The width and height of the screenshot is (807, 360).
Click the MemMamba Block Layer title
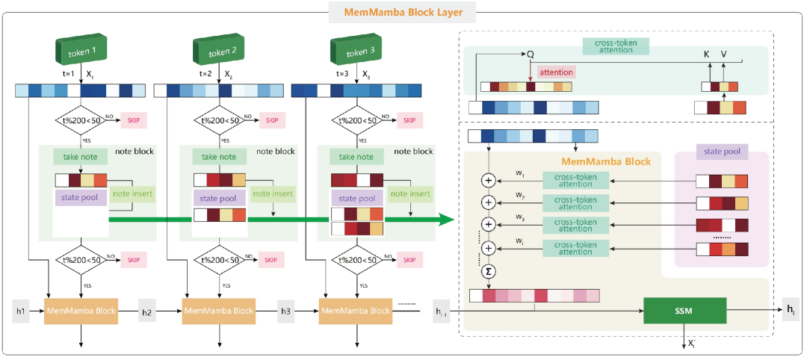pyautogui.click(x=403, y=12)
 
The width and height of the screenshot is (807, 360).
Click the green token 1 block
pyautogui.click(x=84, y=52)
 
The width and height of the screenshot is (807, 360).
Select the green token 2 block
pyautogui.click(x=223, y=52)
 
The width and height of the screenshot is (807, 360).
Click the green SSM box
pyautogui.click(x=684, y=311)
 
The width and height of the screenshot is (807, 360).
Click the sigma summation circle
pyautogui.click(x=489, y=271)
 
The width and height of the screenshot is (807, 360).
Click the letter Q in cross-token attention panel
pyautogui.click(x=531, y=55)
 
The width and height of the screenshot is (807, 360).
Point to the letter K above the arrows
pyautogui.click(x=708, y=55)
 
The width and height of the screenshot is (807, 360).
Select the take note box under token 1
pyautogui.click(x=81, y=157)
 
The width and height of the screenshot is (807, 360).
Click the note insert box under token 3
pyautogui.click(x=409, y=194)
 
